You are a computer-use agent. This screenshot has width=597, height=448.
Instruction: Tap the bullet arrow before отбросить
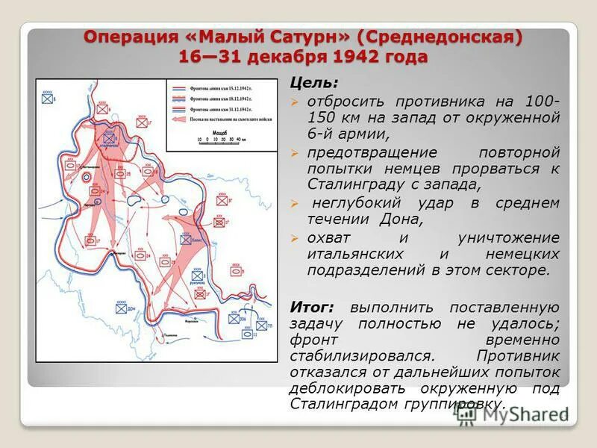tap(296, 102)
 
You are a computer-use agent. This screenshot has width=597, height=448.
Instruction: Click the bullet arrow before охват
tap(296, 238)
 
